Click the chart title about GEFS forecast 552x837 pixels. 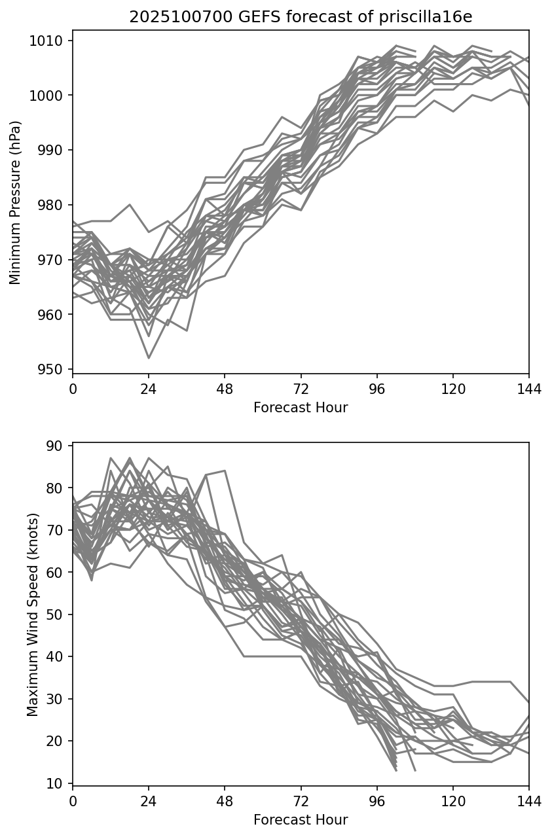pyautogui.click(x=301, y=18)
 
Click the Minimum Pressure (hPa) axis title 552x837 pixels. pyautogui.click(x=16, y=202)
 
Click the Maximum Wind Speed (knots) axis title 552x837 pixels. pyautogui.click(x=33, y=614)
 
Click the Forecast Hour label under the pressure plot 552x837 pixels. pyautogui.click(x=301, y=408)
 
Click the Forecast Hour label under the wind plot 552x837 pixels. pyautogui.click(x=301, y=820)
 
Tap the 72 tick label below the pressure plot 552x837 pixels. pyautogui.click(x=301, y=389)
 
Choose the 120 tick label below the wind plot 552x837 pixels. pyautogui.click(x=453, y=802)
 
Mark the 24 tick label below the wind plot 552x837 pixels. pyautogui.click(x=149, y=802)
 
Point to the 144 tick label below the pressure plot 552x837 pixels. pyautogui.click(x=529, y=389)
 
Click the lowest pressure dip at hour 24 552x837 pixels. pyautogui.click(x=149, y=357)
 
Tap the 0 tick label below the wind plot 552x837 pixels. pyautogui.click(x=73, y=802)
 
